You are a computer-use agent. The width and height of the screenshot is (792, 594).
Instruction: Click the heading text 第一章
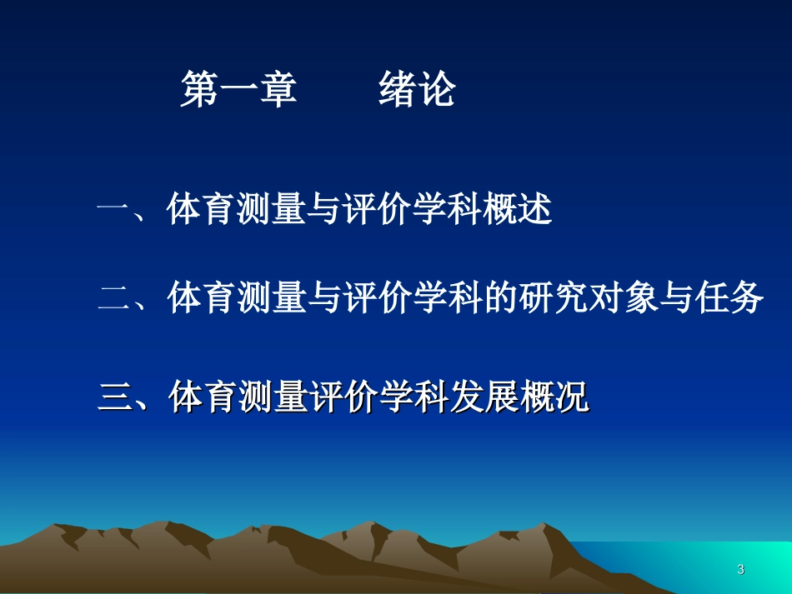(238, 90)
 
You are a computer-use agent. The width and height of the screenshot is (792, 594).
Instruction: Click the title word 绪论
(417, 90)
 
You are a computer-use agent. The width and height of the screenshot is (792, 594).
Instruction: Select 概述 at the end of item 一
(517, 211)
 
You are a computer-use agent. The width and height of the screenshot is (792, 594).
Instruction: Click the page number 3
(741, 570)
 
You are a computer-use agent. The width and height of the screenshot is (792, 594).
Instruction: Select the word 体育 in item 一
(202, 211)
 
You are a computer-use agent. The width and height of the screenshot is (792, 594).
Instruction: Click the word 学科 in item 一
(448, 211)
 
